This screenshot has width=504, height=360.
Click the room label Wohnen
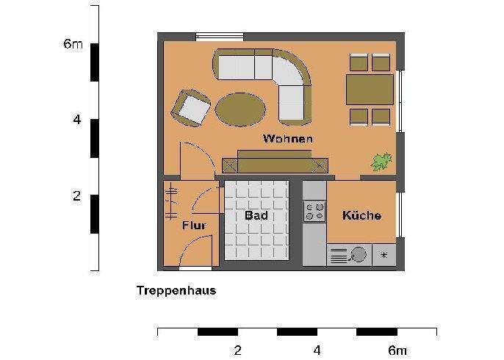[288, 138]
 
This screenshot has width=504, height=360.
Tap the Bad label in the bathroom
[256, 215]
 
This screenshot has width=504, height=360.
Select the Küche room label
[361, 215]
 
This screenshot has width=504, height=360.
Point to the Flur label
[194, 225]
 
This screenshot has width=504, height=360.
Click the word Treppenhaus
[176, 290]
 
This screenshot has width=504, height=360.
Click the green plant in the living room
[381, 161]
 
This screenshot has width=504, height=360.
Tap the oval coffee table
[240, 108]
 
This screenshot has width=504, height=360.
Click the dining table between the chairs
[370, 90]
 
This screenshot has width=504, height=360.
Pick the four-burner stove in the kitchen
[314, 212]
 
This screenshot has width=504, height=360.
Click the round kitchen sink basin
[359, 255]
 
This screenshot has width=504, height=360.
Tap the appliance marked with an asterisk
[384, 255]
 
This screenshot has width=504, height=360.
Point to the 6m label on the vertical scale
[73, 44]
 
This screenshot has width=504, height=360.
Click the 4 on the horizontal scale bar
[317, 350]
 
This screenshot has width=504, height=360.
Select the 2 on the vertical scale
[76, 197]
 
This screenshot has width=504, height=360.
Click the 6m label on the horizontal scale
[397, 350]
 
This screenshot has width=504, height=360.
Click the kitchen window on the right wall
[400, 214]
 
